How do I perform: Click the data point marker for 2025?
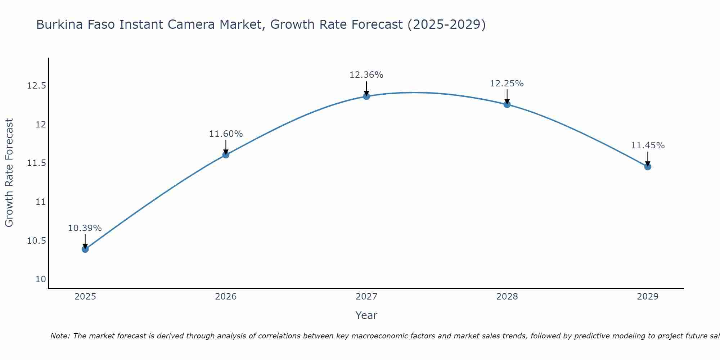[85, 249]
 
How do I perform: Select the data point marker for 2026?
[226, 155]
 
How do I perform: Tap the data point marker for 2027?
[366, 96]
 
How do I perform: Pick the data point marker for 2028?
[507, 104]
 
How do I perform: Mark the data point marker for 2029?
[648, 167]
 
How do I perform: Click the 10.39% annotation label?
[85, 228]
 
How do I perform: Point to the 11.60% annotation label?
[226, 134]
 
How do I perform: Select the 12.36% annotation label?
[366, 75]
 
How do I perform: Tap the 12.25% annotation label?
[507, 84]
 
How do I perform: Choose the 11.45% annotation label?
[648, 145]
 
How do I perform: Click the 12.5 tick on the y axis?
[36, 86]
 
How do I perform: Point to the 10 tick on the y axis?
[41, 279]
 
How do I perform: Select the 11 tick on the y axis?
[41, 202]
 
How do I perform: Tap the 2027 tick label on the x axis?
[366, 297]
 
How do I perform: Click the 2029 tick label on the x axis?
[648, 297]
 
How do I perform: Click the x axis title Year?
[366, 315]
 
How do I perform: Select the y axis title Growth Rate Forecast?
[9, 173]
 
